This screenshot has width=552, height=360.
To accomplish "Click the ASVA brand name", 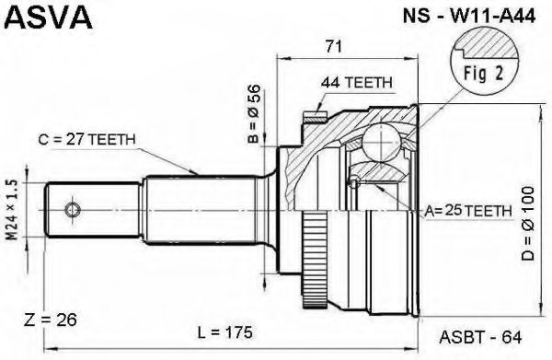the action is tap(50, 17).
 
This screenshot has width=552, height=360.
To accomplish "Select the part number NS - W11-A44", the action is tap(469, 16).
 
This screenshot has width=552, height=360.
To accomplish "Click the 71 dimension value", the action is tap(333, 46).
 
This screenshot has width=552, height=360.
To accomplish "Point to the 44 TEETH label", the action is tap(356, 83).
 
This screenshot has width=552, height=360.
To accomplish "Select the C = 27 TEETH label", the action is tap(86, 140).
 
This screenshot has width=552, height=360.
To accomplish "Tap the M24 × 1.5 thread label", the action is tap(13, 210).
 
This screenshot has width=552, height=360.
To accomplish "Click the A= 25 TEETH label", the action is tap(468, 211).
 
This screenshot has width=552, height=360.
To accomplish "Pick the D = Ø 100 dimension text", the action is tap(528, 224).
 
